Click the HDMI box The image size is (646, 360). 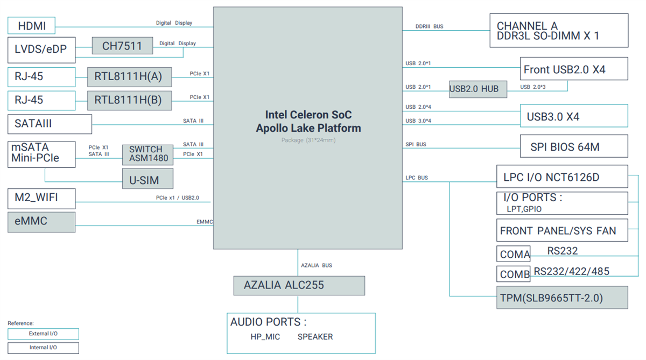31,26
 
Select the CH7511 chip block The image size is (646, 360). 122,46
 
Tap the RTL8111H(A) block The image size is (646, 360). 129,77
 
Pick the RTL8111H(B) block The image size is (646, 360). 129,100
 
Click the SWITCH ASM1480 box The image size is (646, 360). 148,154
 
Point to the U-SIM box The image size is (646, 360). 148,180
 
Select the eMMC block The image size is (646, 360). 41,222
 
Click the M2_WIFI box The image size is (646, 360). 41,198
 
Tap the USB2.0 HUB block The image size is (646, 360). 478,89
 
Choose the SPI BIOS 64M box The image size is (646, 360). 573,146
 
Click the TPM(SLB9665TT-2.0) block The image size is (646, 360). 561,298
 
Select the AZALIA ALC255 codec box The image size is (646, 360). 299,285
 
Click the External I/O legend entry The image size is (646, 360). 43,334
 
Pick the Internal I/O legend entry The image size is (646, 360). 43,348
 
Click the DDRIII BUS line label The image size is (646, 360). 429,26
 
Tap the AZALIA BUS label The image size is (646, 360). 316,266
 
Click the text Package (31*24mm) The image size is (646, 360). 308,140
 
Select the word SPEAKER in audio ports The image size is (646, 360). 315,337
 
